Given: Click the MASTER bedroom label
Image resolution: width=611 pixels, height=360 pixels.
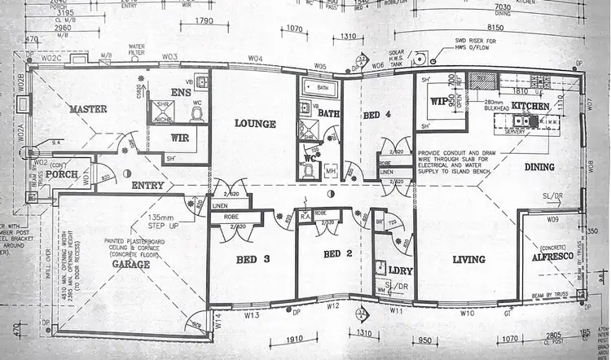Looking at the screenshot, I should (x=89, y=109).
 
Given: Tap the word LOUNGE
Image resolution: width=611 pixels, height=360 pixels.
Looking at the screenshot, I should (x=255, y=124).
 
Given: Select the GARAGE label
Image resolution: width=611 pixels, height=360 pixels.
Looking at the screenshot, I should (x=131, y=264).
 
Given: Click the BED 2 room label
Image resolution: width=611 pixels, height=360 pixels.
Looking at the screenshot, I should (x=337, y=254).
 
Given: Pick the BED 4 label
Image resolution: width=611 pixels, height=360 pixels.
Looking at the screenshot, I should (x=377, y=115).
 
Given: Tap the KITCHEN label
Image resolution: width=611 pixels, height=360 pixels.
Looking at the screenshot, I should (x=530, y=107).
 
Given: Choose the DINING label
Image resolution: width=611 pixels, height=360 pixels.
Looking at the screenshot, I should (x=538, y=167).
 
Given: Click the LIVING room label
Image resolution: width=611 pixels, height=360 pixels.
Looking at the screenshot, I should (x=468, y=260).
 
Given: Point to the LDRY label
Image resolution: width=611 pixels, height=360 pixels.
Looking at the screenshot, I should (x=398, y=270).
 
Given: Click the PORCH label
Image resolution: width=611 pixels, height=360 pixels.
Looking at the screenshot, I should (x=61, y=174).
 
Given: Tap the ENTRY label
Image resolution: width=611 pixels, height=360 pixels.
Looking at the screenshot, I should (x=147, y=186).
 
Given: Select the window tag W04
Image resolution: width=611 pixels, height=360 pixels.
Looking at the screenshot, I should (x=256, y=59).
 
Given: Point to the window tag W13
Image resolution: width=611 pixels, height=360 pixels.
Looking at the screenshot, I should (x=251, y=314).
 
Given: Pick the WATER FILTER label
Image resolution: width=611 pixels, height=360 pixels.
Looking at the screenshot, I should (x=136, y=50).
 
